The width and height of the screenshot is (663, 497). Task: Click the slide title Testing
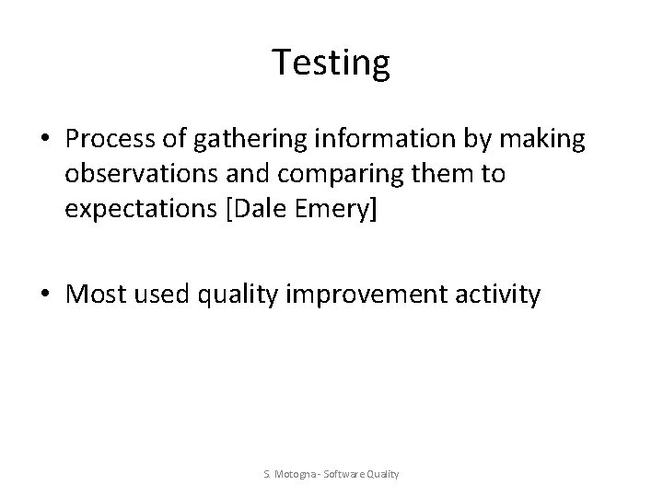tap(331, 63)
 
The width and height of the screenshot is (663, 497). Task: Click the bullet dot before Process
tap(45, 140)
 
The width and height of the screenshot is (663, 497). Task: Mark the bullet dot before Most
tap(45, 295)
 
